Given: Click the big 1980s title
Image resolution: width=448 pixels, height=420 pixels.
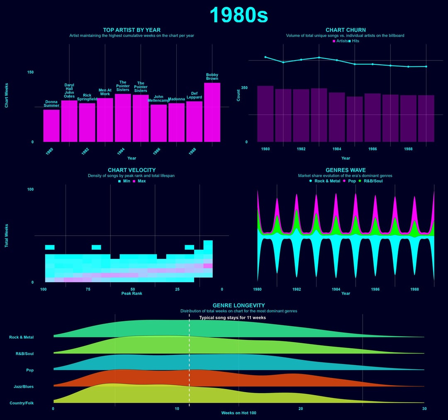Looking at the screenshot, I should [x=239, y=15].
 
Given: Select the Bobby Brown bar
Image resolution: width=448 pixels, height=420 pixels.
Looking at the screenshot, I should [x=212, y=112].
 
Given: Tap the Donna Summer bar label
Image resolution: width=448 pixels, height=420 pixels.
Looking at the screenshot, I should [x=51, y=104].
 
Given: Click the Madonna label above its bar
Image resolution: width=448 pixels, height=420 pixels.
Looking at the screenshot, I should [x=176, y=99].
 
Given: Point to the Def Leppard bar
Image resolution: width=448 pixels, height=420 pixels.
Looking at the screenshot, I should [x=194, y=121].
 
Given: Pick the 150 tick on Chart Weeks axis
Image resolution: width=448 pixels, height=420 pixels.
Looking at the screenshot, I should [x=30, y=72].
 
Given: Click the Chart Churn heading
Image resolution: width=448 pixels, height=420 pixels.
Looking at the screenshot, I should [x=346, y=30].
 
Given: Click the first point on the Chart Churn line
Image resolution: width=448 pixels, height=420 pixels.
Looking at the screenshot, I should [x=265, y=57].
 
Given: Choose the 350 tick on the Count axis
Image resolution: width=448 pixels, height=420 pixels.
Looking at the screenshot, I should [x=244, y=88].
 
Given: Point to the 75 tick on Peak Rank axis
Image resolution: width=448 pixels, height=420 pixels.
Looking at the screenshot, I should [x=88, y=289].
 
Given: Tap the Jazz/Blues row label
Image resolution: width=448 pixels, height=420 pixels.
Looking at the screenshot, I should [x=23, y=387].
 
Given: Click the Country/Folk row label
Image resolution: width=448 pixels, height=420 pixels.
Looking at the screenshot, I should [x=22, y=403].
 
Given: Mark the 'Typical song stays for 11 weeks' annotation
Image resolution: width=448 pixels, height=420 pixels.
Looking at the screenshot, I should [x=232, y=318].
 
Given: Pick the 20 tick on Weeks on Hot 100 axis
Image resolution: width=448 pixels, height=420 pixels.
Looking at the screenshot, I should [x=301, y=409].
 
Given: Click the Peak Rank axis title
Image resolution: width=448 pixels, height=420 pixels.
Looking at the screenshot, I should [x=132, y=293].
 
